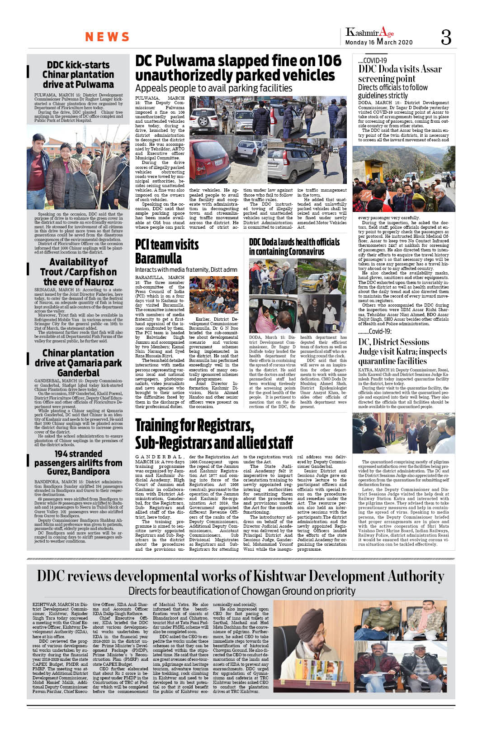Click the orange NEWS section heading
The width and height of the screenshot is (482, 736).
[x=107, y=37]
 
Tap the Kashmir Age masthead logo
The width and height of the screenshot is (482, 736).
[x=369, y=32]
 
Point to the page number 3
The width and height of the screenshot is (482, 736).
[x=446, y=37]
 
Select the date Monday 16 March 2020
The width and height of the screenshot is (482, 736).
[x=379, y=42]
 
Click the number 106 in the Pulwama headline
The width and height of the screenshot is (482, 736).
[x=329, y=61]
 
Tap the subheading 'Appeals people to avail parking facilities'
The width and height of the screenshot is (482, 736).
[x=213, y=88]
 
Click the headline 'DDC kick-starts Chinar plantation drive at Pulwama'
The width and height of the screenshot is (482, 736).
[x=78, y=75]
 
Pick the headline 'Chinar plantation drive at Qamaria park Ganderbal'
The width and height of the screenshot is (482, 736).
[x=78, y=363]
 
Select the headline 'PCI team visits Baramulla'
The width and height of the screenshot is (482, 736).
[x=167, y=251]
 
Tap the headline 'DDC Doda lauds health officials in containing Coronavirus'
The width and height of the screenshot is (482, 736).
[x=294, y=247]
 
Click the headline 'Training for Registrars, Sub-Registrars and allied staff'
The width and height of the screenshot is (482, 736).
[x=214, y=433]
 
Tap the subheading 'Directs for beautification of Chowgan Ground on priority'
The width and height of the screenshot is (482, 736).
[x=241, y=591]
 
